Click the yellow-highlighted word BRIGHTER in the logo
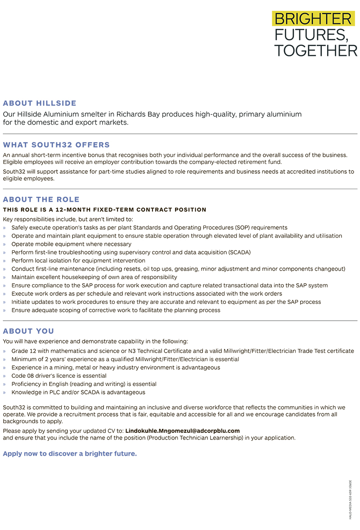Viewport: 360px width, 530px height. coord(312,19)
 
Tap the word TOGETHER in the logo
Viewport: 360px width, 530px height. coord(315,50)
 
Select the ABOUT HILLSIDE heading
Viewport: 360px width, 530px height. coord(40,103)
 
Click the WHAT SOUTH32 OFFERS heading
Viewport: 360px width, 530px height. coord(56,145)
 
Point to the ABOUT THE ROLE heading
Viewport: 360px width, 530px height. coord(41,199)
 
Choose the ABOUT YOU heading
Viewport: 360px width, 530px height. coord(28,331)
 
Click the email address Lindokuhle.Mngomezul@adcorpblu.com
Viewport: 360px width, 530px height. coord(182,431)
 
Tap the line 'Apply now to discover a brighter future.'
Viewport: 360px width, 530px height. coord(70,453)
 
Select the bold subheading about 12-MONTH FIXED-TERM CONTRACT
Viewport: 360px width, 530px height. coord(104,210)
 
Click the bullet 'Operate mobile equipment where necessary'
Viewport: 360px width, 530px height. coord(71,244)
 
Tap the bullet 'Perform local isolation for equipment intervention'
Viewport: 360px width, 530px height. coord(78,261)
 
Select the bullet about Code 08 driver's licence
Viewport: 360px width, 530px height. coord(59,376)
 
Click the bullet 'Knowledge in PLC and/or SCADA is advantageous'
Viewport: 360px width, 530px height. coord(78,392)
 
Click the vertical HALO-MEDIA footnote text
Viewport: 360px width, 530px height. coord(350,499)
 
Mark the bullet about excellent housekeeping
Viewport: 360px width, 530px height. coord(94,277)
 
